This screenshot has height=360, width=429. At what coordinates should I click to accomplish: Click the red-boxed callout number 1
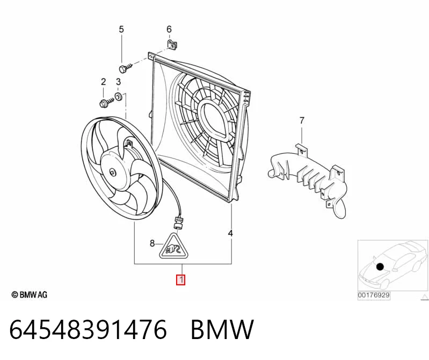pyautogui.click(x=180, y=280)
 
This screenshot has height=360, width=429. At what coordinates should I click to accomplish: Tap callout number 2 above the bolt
pyautogui.click(x=103, y=82)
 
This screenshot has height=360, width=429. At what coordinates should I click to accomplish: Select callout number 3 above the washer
pyautogui.click(x=118, y=82)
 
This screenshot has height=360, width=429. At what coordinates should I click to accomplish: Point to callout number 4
pyautogui.click(x=230, y=233)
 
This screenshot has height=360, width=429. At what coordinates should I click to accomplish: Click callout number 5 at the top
pyautogui.click(x=121, y=29)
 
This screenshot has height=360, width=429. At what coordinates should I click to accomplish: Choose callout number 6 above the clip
pyautogui.click(x=169, y=29)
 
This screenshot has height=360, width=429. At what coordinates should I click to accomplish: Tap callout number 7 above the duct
pyautogui.click(x=302, y=120)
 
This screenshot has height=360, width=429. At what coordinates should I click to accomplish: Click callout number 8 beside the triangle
pyautogui.click(x=152, y=243)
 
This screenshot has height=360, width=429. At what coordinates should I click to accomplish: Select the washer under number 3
pyautogui.click(x=119, y=96)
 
